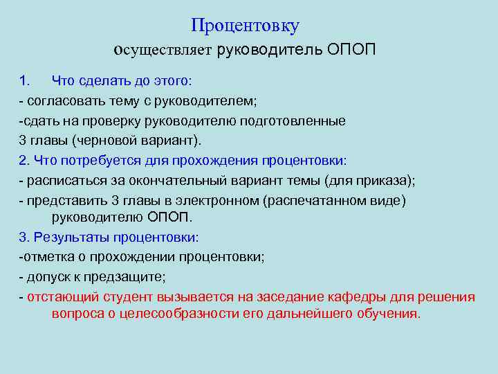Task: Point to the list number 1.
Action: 25,81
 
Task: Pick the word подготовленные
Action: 293,121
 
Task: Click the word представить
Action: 63,201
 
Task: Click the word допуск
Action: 47,277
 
